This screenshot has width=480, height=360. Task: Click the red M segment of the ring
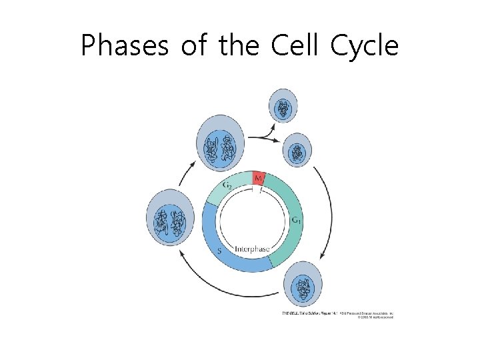pos(258,178)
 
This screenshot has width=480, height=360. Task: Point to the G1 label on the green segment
pos(297,219)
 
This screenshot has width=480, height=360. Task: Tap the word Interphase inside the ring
pos(252,249)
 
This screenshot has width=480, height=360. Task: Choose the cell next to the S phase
pos(169,221)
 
